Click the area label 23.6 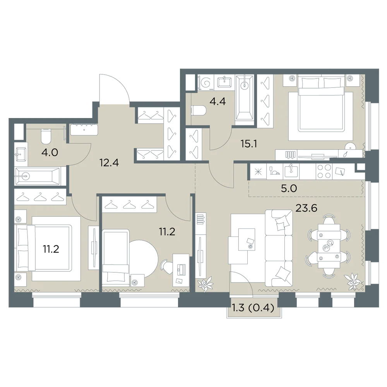click(x=306, y=208)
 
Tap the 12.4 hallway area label click(x=109, y=163)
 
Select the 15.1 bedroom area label click(x=249, y=144)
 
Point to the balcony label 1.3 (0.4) click(x=253, y=308)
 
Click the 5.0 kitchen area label click(x=289, y=188)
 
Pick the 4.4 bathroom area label click(x=217, y=101)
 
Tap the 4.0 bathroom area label click(x=50, y=152)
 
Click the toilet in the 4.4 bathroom click(x=199, y=111)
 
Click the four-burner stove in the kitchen click(x=324, y=171)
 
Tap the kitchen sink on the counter click(x=291, y=171)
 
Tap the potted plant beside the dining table click(x=353, y=281)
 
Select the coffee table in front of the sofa click(x=247, y=239)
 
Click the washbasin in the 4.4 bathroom click(x=224, y=82)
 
